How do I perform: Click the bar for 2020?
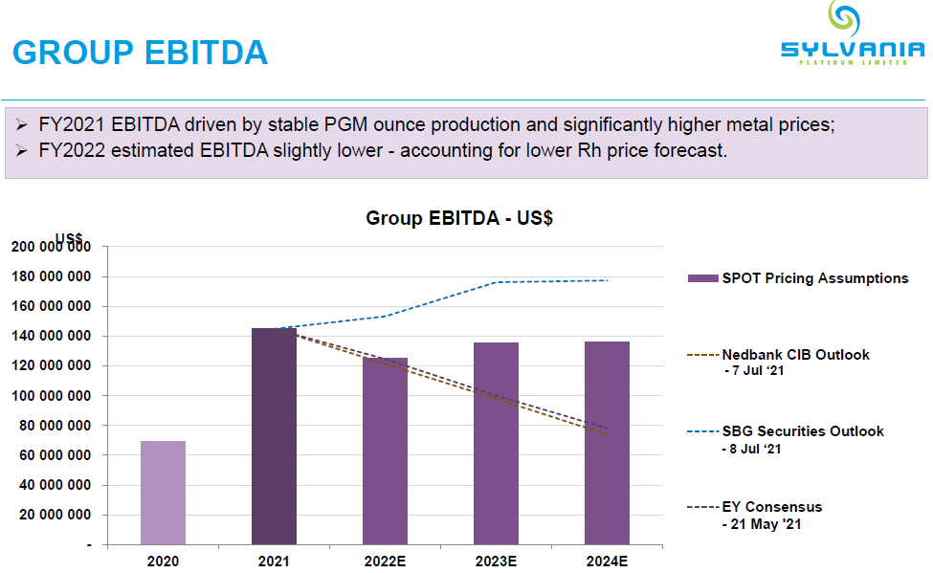click(x=163, y=493)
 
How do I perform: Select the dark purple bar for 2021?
click(x=274, y=436)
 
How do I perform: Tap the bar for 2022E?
click(x=385, y=451)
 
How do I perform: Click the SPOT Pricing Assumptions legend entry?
click(x=798, y=278)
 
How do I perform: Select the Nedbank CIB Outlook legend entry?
click(x=795, y=355)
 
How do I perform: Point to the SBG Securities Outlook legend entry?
click(x=802, y=431)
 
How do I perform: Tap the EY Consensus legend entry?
click(x=771, y=507)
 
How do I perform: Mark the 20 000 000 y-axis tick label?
click(x=55, y=515)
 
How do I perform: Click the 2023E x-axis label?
click(x=496, y=562)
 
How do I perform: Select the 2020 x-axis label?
click(x=163, y=562)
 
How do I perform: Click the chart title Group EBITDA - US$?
click(x=459, y=218)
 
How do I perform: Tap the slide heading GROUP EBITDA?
click(x=140, y=52)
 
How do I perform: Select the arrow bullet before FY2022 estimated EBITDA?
click(x=23, y=151)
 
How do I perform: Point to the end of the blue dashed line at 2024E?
click(x=608, y=280)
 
